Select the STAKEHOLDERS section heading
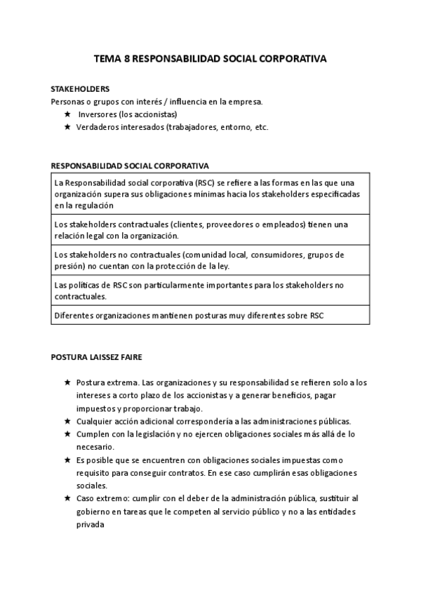[x=80, y=90]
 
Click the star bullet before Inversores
[x=67, y=114]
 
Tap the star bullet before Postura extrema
[x=67, y=383]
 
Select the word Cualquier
[x=95, y=421]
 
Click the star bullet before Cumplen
[x=67, y=434]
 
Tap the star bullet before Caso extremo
[x=67, y=498]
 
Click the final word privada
[x=91, y=524]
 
